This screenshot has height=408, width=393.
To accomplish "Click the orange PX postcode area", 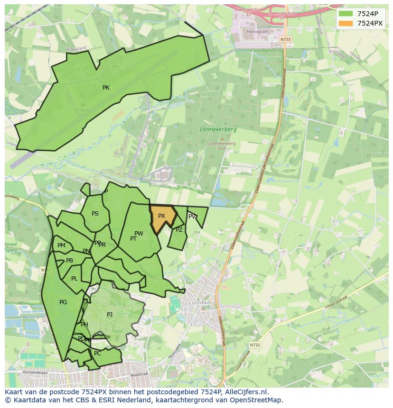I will (162, 218).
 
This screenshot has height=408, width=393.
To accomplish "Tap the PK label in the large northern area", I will (106, 88).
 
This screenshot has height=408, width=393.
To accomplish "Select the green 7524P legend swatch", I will (346, 13).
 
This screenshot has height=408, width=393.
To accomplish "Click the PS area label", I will (95, 214).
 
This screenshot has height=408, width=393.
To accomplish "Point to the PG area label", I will (63, 302).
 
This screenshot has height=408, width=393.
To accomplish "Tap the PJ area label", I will (110, 314).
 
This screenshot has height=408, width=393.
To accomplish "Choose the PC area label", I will (98, 354).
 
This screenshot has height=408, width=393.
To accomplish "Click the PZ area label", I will (179, 230).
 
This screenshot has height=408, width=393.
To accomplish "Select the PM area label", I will (61, 245).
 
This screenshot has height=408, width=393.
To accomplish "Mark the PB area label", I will (69, 261).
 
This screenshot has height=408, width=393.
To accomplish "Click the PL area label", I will (74, 279).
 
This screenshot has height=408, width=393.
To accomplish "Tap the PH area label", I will (84, 325).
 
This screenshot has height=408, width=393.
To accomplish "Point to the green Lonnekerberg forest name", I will (218, 129).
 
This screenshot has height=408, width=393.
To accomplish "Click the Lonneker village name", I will (201, 302).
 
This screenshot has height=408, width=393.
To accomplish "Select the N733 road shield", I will (285, 39).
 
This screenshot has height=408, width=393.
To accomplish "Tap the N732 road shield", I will (255, 345).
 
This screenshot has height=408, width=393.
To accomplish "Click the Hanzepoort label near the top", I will (257, 32).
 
